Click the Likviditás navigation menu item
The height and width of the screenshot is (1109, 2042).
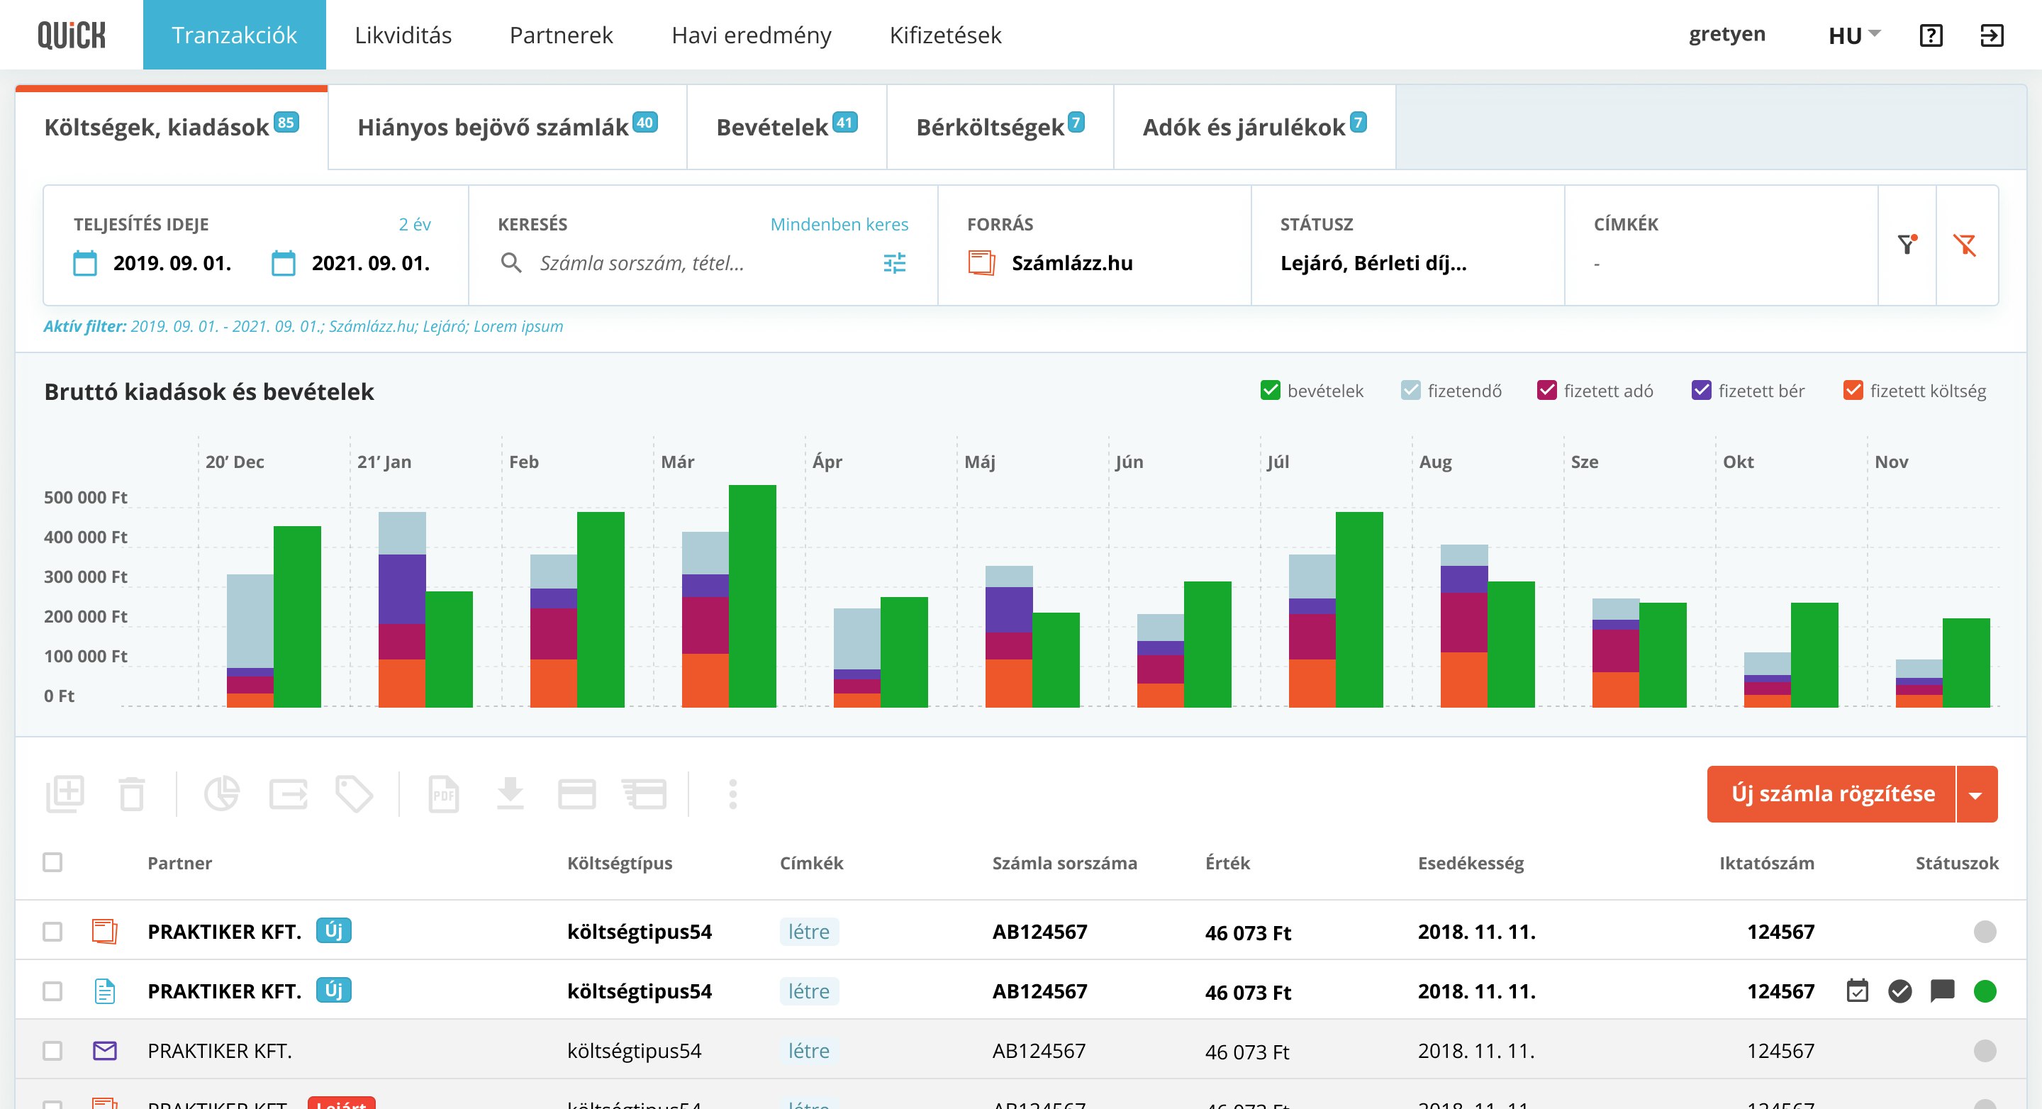tap(403, 35)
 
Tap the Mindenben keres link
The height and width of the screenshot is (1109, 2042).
tap(839, 224)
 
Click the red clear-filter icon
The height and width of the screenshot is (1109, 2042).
tap(1965, 245)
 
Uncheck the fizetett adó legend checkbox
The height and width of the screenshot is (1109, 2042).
tap(1546, 391)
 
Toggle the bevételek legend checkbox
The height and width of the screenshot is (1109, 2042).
tap(1270, 391)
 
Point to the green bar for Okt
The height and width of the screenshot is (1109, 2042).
tap(1814, 654)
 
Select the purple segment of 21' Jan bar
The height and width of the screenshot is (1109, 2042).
tap(402, 589)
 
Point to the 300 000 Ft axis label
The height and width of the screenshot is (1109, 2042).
tap(86, 577)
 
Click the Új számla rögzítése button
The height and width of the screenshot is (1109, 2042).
tap(1831, 793)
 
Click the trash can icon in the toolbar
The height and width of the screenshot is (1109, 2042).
tap(132, 793)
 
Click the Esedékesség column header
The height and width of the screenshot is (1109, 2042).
tap(1471, 863)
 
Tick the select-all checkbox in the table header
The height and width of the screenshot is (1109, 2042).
tap(52, 862)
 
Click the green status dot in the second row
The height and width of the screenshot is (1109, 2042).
tap(1984, 991)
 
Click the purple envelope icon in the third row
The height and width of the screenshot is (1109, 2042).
tap(105, 1051)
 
